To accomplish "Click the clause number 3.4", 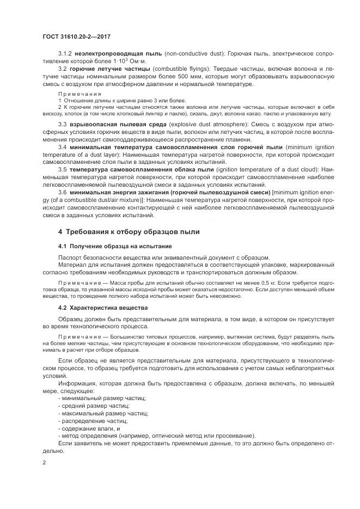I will [x=63, y=147].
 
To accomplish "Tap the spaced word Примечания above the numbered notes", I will [x=80, y=94].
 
